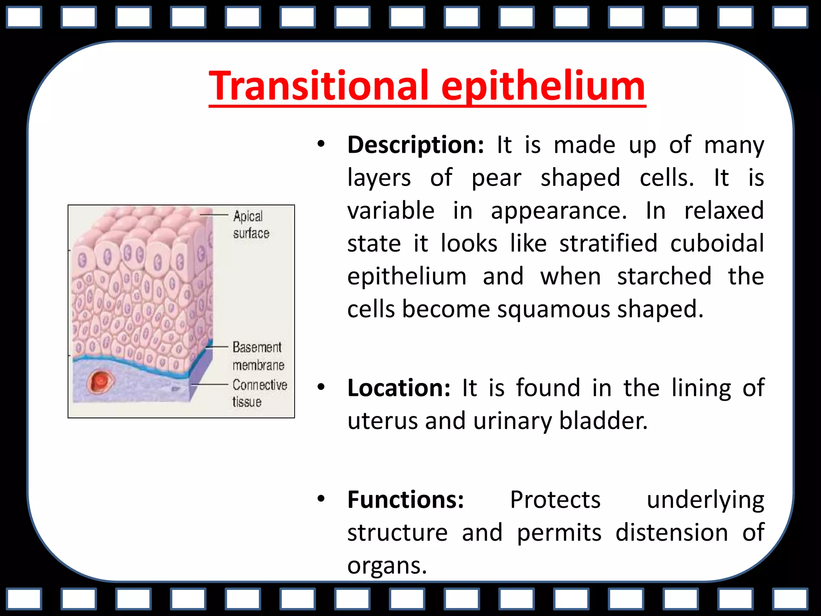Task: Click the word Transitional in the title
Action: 319,86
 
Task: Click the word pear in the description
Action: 496,178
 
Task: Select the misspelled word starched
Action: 664,276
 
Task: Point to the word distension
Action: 671,533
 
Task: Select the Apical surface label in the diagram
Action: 251,225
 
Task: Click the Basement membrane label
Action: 258,356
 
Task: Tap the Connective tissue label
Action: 259,393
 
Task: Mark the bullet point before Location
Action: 320,387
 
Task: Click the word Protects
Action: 555,500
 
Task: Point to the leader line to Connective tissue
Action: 210,384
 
